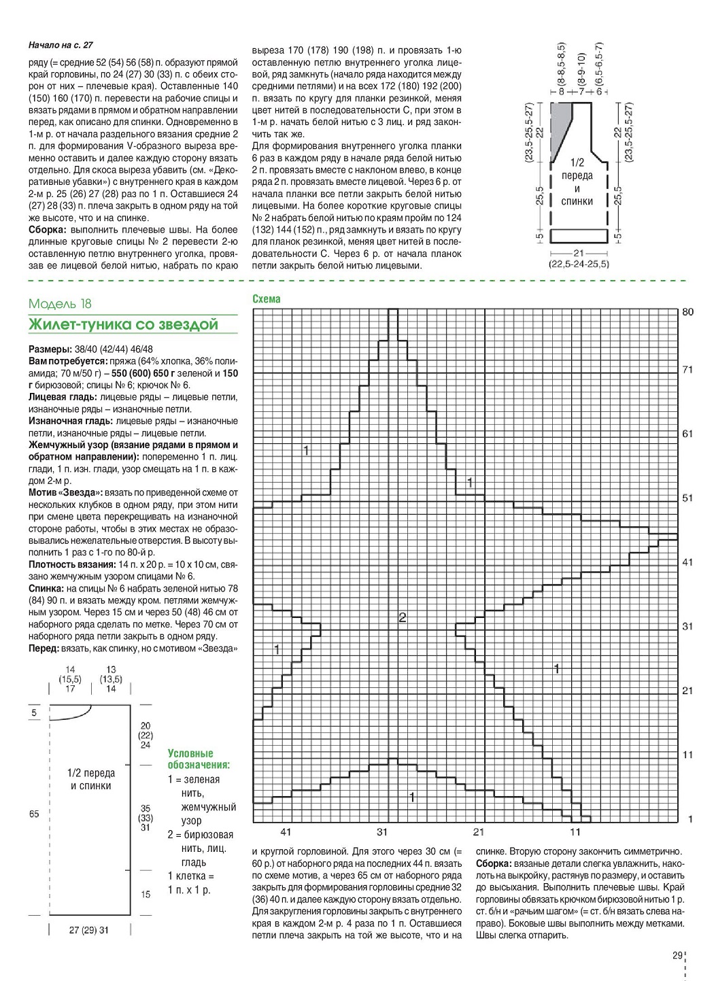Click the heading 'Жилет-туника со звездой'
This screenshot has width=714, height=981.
123,324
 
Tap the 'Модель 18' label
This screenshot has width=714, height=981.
60,304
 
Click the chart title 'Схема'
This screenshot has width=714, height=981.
266,298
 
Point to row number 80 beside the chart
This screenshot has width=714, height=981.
687,312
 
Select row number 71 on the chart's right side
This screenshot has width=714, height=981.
687,370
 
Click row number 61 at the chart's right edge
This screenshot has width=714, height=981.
687,434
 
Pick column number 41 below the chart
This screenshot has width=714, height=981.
286,831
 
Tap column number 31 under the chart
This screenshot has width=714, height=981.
382,831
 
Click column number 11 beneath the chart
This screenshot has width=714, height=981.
576,831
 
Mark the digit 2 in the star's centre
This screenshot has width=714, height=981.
402,617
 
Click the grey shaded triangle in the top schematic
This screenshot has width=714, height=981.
560,126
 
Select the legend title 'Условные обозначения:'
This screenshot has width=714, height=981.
199,759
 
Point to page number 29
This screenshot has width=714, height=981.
677,955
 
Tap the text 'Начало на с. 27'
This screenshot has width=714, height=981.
61,46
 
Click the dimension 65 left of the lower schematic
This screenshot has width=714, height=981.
34,814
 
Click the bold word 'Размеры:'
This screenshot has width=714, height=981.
50,349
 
